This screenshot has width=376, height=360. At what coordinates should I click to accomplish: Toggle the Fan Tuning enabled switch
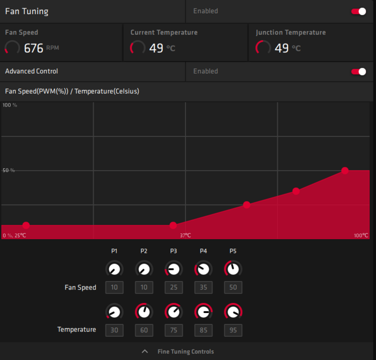pos(358,11)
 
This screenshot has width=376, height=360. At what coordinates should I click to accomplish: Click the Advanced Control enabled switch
pos(358,71)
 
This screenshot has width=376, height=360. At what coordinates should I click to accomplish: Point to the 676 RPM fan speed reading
pos(34,48)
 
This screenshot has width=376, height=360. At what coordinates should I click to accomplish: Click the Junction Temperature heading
pos(290,32)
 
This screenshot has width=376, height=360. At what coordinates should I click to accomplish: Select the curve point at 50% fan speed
pos(345,170)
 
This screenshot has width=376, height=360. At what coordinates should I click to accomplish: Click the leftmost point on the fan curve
pos(26,225)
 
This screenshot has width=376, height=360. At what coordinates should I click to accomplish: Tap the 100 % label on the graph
pos(10,105)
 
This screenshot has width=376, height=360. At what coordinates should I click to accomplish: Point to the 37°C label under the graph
pos(185,235)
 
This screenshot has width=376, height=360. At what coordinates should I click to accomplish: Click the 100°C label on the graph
pos(360,235)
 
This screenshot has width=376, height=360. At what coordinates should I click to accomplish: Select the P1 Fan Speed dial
pos(114,269)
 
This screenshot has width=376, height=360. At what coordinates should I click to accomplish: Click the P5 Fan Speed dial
pos(233,269)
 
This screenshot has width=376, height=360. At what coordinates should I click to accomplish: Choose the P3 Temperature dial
pos(173,312)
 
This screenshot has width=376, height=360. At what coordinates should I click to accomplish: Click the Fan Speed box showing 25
pos(173,287)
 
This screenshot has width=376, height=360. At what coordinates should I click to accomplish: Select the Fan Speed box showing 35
pos(203,287)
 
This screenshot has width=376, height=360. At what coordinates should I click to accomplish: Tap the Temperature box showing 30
pos(114,330)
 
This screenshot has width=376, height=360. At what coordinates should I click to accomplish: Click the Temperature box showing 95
pos(233,330)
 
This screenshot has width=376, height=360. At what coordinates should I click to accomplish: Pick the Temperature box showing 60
pos(144,330)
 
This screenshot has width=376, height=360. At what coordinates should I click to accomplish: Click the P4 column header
pos(203,251)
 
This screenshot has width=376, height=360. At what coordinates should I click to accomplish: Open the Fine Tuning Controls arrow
pos(145,351)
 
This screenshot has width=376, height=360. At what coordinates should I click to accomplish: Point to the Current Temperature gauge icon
pos(137,48)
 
